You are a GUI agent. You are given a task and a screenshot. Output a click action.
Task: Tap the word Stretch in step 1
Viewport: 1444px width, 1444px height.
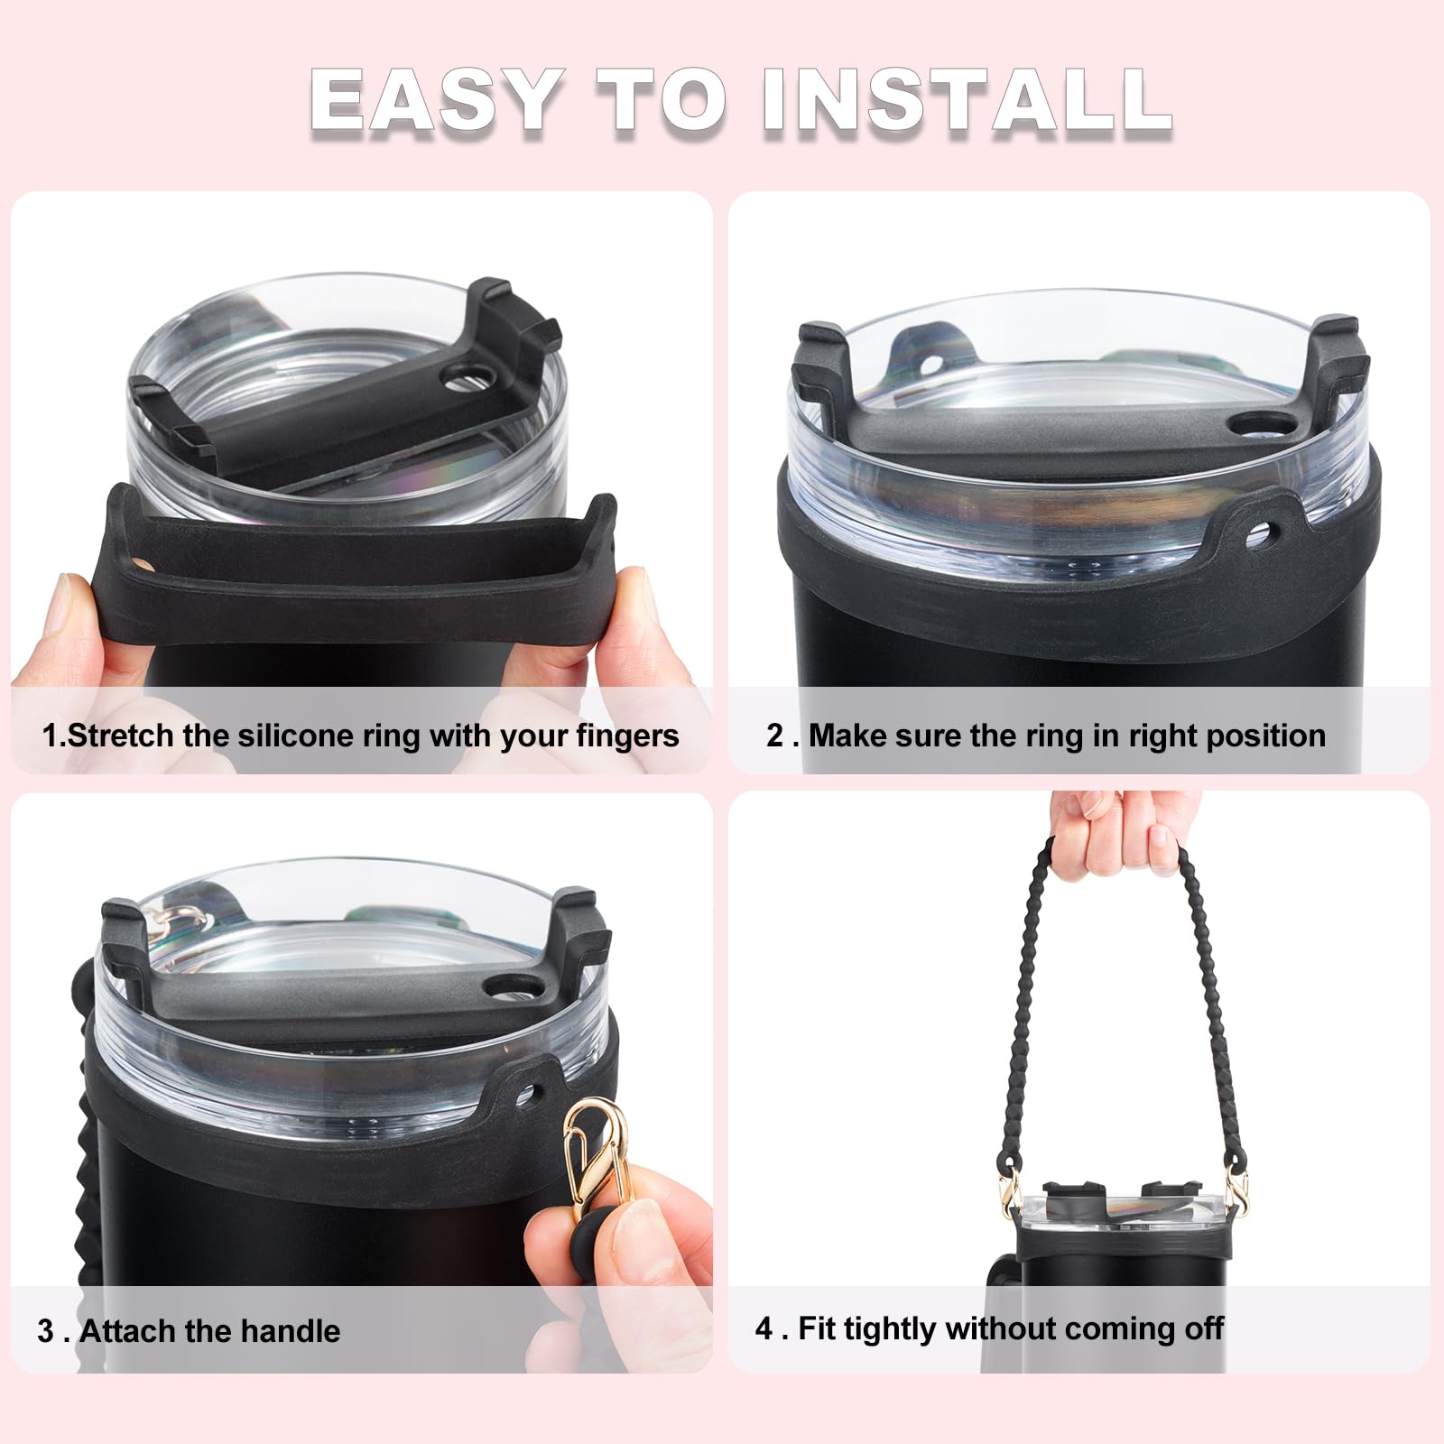122,736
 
